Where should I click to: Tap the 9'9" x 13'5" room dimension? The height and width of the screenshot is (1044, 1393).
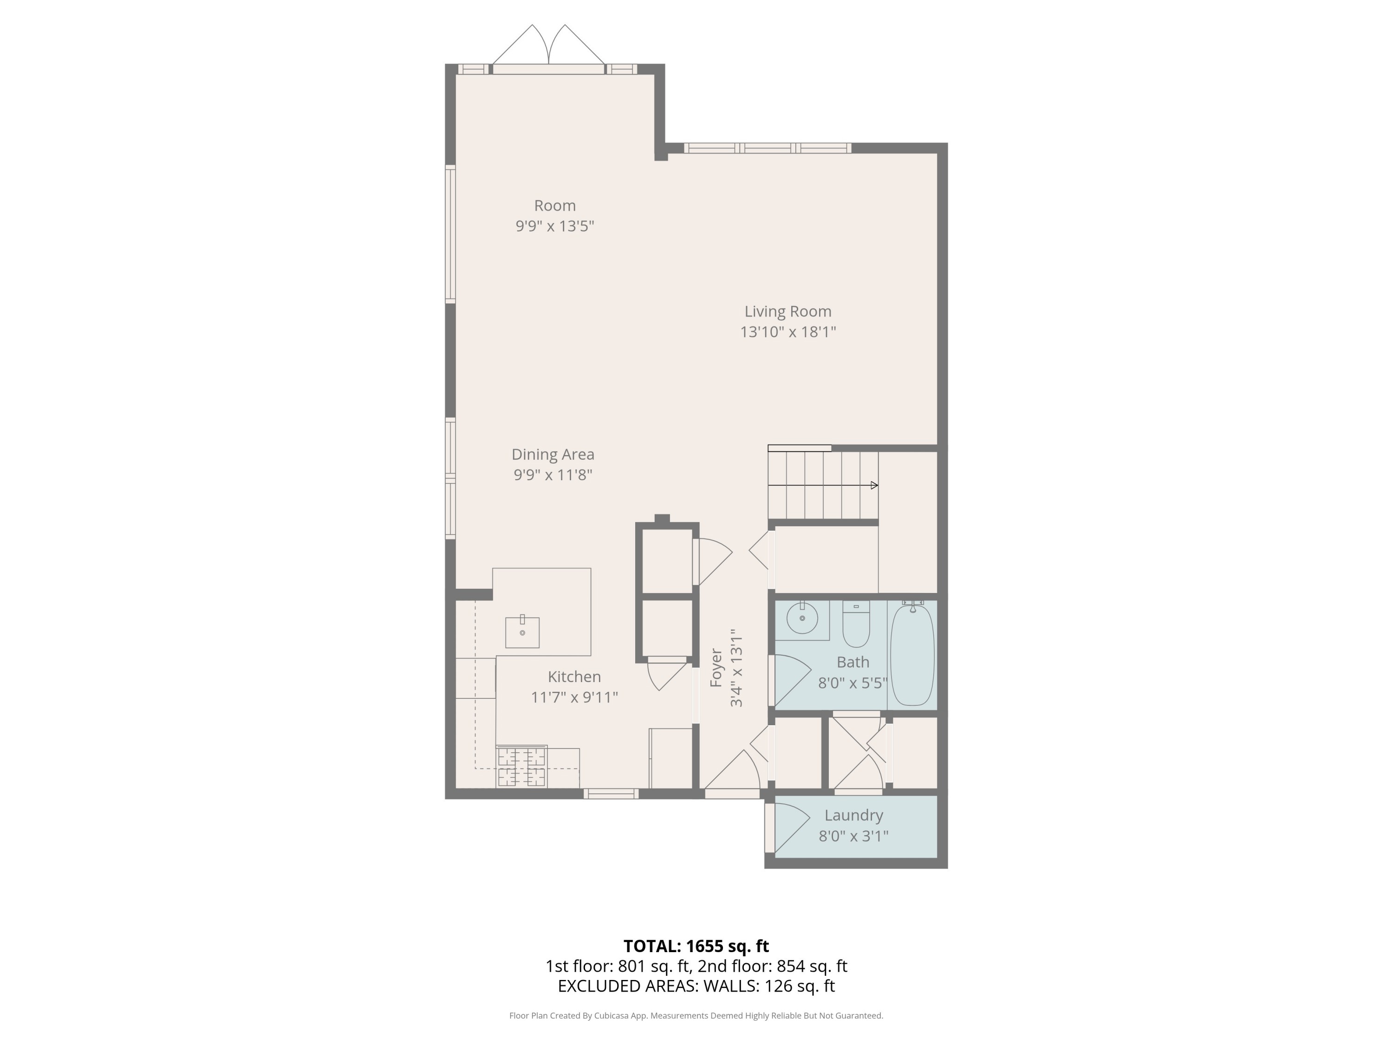pos(555,226)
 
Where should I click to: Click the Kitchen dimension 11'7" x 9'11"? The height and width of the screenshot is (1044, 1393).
pos(574,697)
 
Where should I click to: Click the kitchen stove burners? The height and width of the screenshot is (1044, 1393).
pos(521,767)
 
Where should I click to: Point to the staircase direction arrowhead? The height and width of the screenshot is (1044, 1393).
pos(874,485)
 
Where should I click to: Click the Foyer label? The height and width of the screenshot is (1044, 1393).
pos(716,668)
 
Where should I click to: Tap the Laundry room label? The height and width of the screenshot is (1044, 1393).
pos(853,816)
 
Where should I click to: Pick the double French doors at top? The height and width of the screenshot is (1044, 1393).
pos(548,47)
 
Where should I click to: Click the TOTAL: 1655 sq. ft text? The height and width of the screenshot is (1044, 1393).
pos(696,946)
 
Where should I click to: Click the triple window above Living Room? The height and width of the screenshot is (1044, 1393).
pos(767,148)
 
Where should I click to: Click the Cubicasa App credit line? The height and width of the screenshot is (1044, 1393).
pos(696,1015)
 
